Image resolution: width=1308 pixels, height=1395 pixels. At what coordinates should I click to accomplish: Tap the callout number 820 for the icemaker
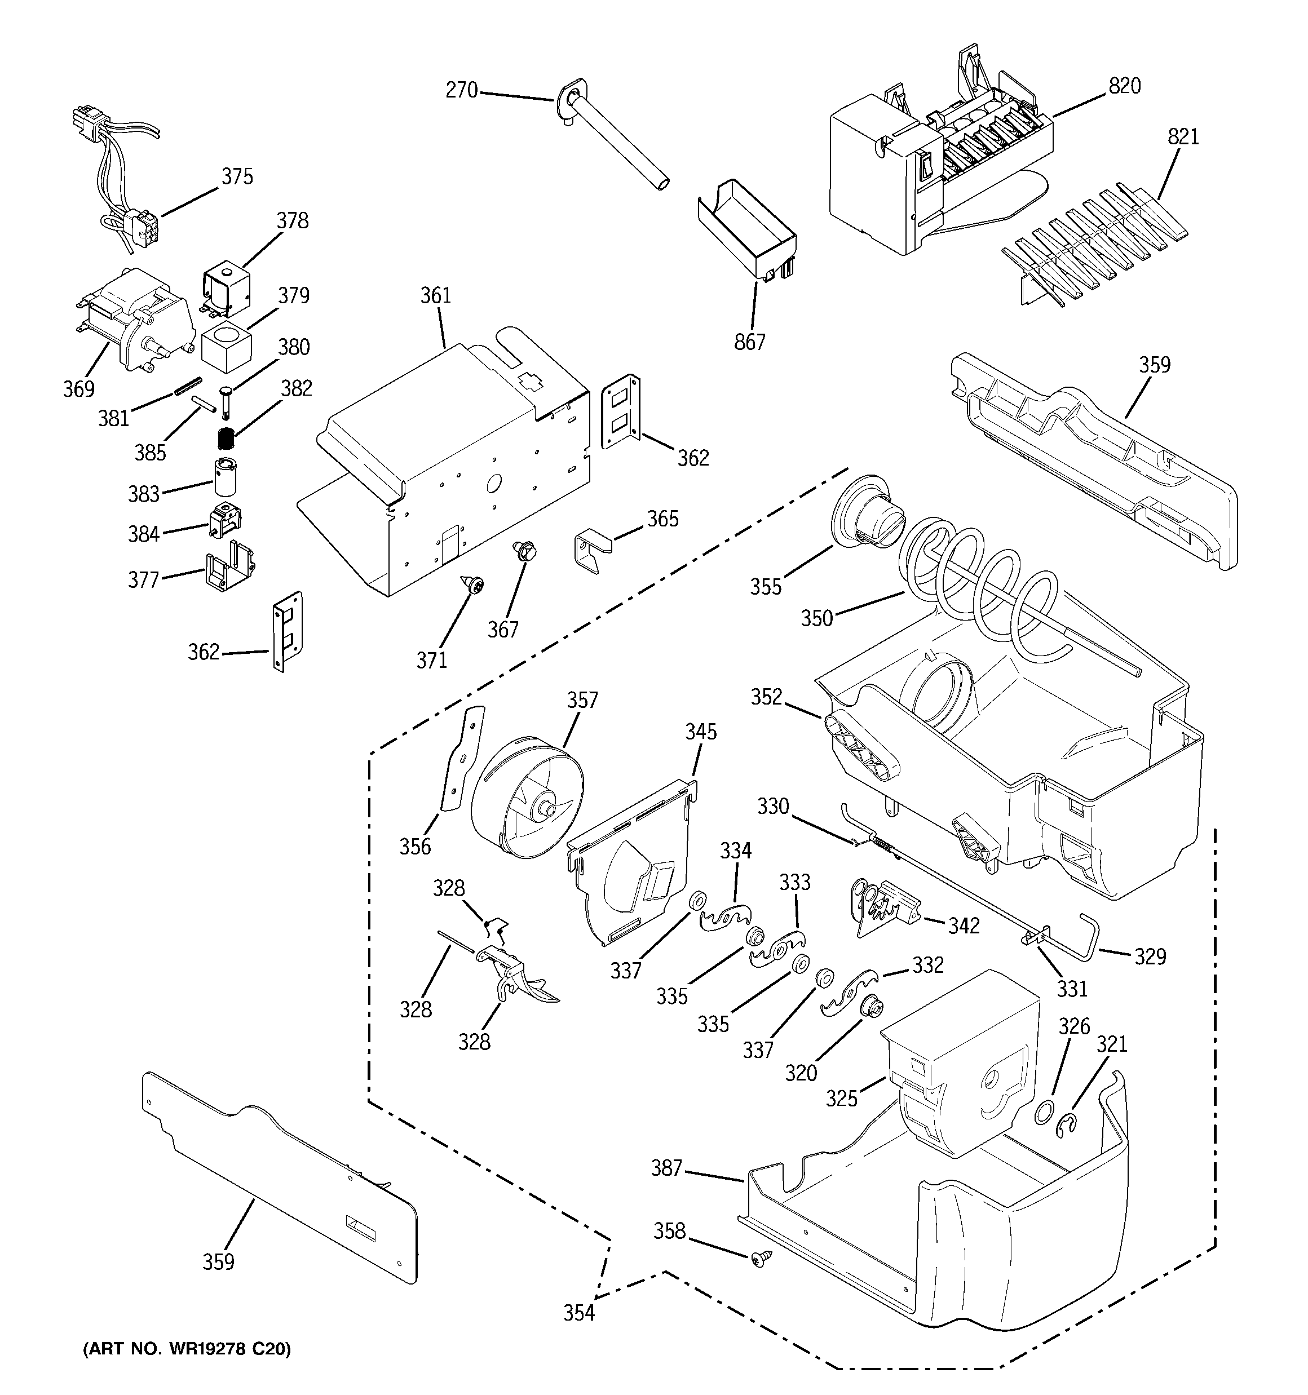1124,86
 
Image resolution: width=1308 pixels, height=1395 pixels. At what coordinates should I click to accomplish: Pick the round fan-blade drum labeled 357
527,799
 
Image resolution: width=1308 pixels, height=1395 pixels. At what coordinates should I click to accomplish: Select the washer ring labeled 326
1044,1113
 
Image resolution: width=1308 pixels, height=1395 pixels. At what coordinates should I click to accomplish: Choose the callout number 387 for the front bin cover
666,1168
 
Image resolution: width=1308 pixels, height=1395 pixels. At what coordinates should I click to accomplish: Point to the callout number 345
701,732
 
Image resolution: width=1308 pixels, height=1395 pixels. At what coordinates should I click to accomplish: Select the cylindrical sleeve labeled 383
226,477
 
